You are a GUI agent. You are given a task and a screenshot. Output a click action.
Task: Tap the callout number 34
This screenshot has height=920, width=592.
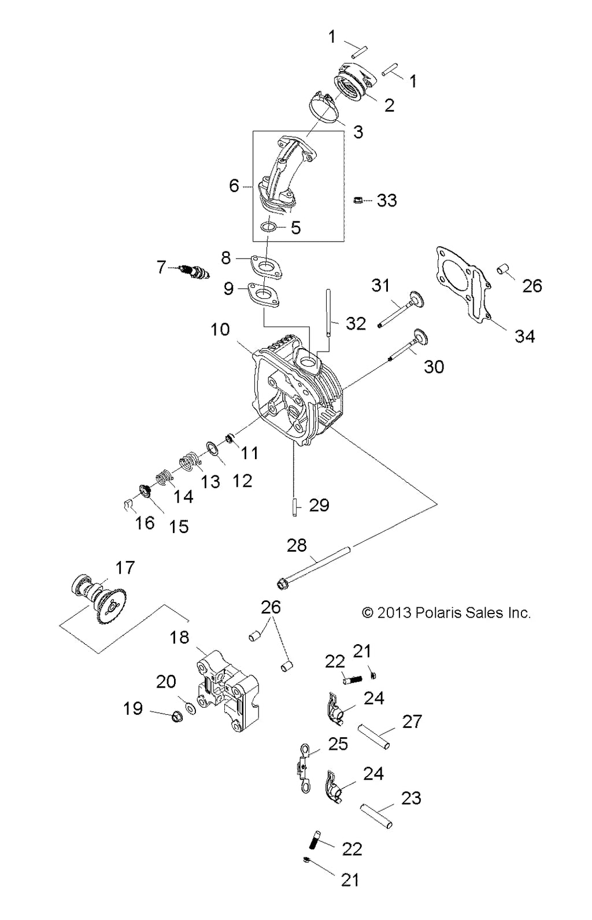point(525,336)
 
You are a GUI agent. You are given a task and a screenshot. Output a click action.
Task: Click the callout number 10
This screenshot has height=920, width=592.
point(220,330)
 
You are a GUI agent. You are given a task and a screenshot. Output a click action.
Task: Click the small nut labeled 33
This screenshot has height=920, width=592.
point(357,200)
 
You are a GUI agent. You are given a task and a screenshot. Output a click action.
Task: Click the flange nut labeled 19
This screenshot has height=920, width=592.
point(176,717)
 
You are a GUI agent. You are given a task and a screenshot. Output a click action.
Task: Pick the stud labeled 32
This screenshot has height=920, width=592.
point(328,312)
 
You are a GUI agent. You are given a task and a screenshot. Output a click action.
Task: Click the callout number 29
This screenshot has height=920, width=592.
point(319,505)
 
